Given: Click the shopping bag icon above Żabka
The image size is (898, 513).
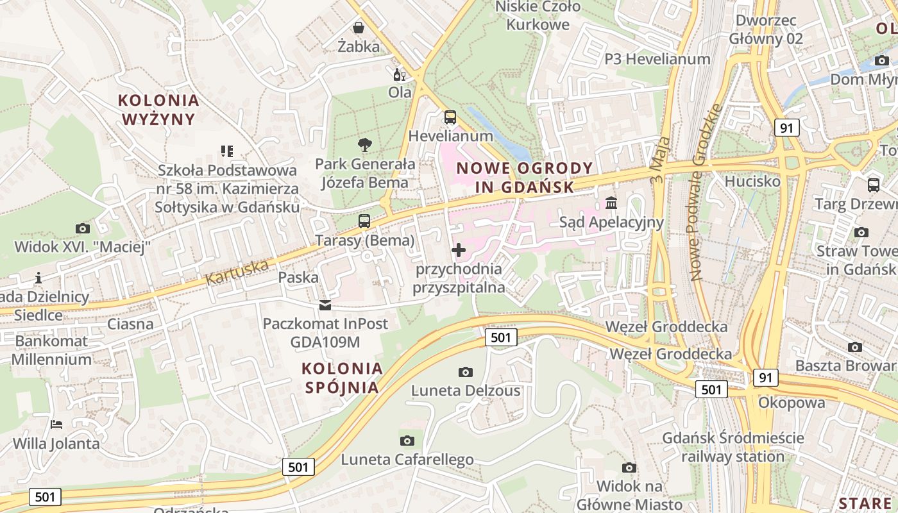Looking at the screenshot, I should (x=359, y=28).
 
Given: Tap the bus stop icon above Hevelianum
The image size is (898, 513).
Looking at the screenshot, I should (x=450, y=117).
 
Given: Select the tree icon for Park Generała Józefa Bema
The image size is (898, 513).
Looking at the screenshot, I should (x=365, y=145).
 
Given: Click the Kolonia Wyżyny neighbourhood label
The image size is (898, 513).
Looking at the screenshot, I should (x=158, y=110).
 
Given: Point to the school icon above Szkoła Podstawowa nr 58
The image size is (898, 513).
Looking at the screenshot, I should (x=226, y=151).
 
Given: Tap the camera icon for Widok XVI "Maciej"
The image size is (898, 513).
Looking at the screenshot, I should (x=82, y=228).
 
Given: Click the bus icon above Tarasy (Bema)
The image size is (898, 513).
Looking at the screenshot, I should (x=364, y=221).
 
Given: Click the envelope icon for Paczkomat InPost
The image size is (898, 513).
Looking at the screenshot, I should (x=325, y=305).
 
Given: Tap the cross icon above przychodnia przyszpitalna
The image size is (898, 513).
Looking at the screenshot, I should (x=459, y=250).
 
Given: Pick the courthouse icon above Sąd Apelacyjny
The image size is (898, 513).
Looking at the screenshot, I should (x=611, y=203).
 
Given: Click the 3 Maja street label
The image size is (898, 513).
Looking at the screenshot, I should (x=661, y=160).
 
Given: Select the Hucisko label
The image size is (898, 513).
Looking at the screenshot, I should (x=752, y=181).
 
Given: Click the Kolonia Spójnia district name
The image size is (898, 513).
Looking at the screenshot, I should (x=342, y=378).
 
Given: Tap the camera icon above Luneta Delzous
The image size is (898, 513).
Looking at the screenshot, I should (x=466, y=372).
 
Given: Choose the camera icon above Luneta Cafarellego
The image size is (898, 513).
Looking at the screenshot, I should (x=407, y=441).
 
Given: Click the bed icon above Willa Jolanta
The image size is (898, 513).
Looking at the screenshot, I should (x=56, y=425).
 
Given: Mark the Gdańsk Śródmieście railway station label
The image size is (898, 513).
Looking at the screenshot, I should (x=733, y=448).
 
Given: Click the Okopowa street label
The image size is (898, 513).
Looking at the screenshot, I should (x=792, y=403).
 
